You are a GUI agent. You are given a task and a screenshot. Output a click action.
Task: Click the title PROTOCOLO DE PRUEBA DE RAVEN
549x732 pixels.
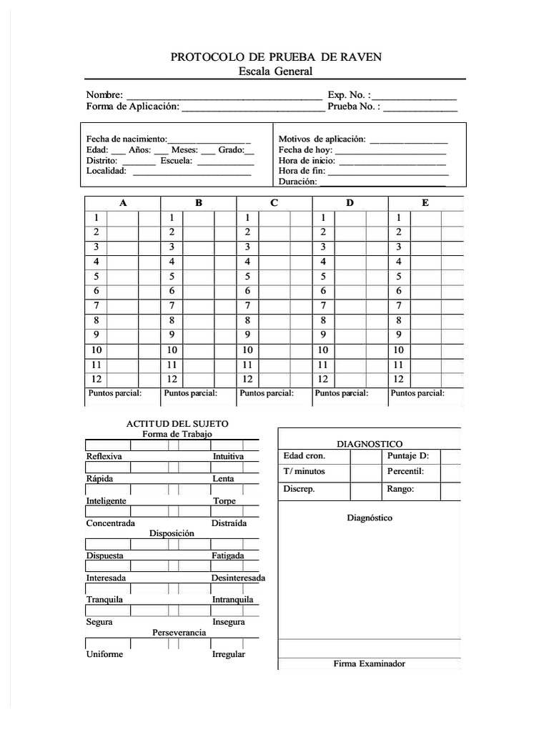coord(275,57)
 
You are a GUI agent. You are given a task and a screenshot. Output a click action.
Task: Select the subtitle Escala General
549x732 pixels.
coord(275,71)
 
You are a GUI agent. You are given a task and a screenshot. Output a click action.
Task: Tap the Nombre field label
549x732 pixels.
coord(104,95)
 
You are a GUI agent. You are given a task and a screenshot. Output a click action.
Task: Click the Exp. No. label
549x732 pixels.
coord(348,95)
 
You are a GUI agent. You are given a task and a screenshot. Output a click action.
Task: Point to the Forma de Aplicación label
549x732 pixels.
coord(132,107)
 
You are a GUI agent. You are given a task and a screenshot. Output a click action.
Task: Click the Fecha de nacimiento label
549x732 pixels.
coord(127,139)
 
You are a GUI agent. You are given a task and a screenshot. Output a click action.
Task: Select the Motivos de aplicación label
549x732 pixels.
coord(322,139)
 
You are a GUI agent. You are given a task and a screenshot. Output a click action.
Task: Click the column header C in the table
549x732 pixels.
coord(274,203)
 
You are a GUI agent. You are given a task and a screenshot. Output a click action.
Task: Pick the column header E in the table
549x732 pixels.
coord(425,203)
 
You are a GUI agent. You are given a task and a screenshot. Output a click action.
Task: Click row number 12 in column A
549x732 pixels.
coord(95,380)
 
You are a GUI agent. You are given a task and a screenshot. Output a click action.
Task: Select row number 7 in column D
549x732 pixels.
coord(323,305)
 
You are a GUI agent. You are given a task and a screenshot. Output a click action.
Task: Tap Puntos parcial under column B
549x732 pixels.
coord(190,393)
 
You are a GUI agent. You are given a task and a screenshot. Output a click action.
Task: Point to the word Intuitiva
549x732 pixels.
coord(228,456)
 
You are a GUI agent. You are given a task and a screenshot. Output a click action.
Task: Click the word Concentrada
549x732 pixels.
coord(111,523)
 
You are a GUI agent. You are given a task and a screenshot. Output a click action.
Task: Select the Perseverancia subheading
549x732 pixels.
coord(179,633)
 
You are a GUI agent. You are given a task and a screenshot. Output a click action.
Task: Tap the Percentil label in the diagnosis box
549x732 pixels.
coord(405,472)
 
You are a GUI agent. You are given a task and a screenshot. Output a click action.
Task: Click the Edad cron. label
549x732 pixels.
coord(304,455)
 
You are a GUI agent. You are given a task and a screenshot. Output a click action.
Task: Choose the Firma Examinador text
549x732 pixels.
coord(369,663)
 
